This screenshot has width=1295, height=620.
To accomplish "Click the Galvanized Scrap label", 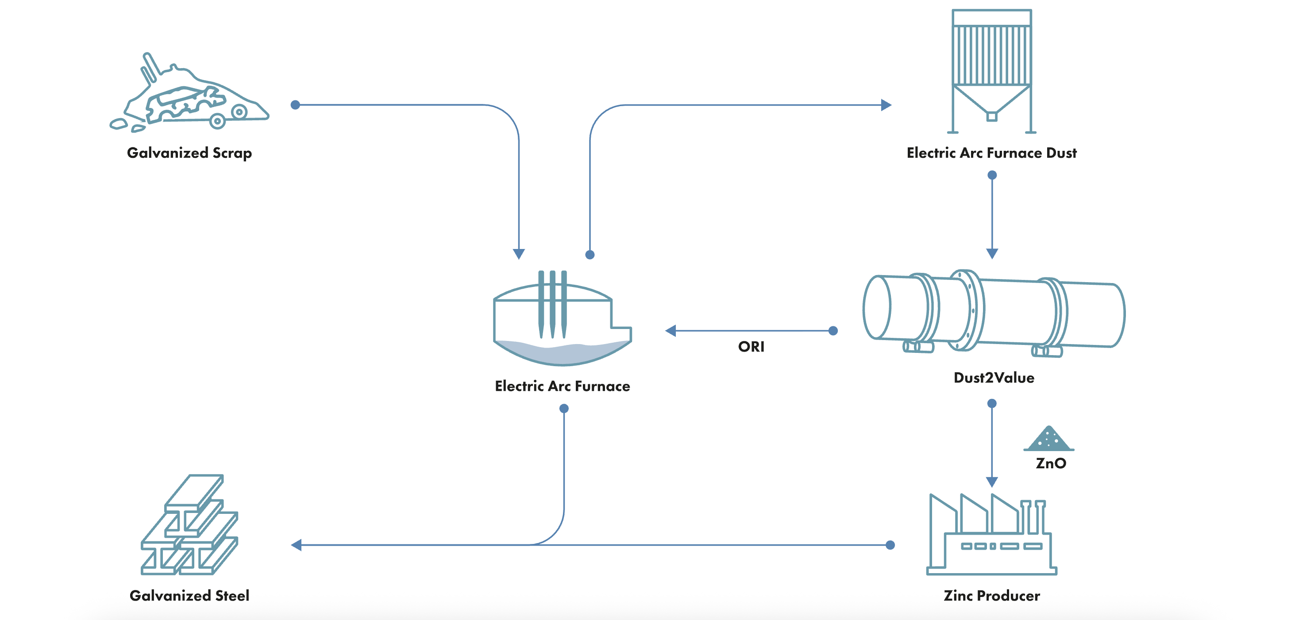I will point(189,153).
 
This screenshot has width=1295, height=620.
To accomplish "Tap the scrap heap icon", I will point(190,96).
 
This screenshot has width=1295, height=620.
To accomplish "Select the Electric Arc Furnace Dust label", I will point(991,153).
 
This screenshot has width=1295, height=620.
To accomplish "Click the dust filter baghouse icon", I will point(991,70).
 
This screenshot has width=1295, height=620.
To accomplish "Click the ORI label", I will point(751,347).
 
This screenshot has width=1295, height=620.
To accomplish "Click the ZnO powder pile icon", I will point(1048,439).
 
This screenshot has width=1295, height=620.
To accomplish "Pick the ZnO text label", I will point(1051,463).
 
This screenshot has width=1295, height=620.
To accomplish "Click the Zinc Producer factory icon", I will point(991,536).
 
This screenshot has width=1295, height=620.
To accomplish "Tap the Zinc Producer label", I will point(991,596).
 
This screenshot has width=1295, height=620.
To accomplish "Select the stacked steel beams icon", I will point(190,524).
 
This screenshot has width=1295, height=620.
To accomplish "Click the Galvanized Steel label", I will point(189,596).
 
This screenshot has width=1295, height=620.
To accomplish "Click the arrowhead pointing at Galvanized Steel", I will point(297,545).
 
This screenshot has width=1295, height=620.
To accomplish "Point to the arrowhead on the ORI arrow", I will point(671,331).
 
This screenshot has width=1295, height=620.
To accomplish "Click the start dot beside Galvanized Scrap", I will point(296,105).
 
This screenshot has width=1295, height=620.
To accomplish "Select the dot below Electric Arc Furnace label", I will point(564,409).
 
